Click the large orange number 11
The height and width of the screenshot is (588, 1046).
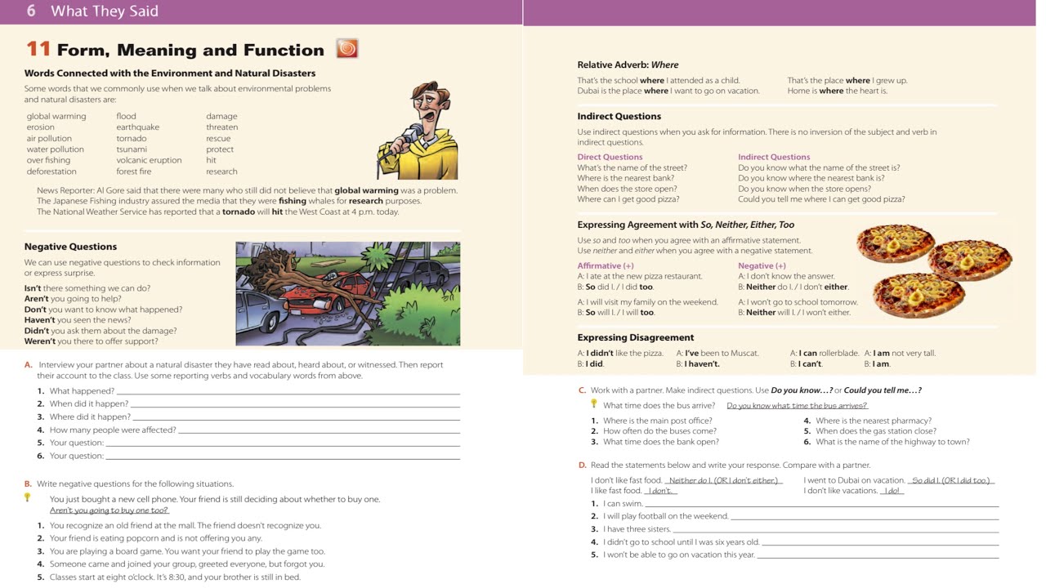tap(38, 50)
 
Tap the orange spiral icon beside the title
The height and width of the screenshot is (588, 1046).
tap(347, 49)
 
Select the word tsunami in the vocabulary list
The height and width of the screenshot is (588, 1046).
tap(132, 149)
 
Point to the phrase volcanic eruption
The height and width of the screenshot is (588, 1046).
tap(149, 160)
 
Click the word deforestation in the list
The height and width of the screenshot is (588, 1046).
tap(51, 171)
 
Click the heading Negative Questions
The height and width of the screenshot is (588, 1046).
tap(70, 247)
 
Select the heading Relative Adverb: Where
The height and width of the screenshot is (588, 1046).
tap(628, 65)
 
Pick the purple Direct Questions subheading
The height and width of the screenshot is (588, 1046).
tap(610, 157)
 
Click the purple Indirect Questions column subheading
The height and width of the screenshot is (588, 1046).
tap(774, 157)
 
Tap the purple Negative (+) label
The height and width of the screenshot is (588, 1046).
tap(762, 265)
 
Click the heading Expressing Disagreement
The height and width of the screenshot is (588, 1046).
tap(635, 337)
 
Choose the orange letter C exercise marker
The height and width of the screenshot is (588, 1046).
tap(582, 390)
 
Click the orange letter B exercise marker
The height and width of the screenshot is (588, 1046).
tap(28, 483)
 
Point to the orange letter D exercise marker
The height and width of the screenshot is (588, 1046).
tap(582, 465)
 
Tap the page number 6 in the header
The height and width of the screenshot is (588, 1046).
tap(31, 11)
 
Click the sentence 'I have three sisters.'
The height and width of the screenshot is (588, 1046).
tap(637, 529)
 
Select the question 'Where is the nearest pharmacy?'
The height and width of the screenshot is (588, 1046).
tap(874, 421)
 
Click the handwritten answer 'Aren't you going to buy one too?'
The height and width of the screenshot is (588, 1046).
tap(109, 510)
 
